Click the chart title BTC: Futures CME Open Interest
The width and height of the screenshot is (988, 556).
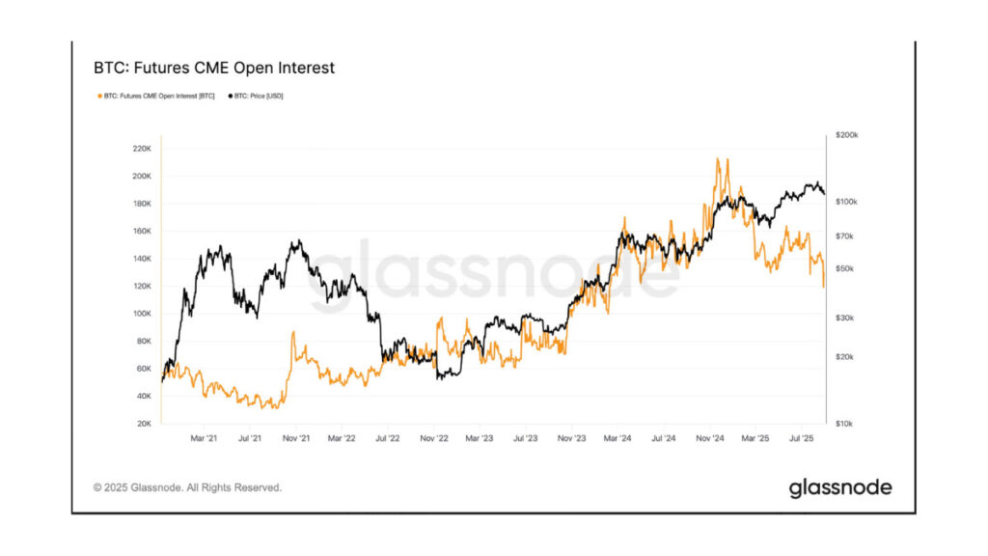pos(214,69)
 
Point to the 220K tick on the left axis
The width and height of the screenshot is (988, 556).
pos(141,149)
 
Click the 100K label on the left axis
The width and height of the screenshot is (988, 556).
pos(141,314)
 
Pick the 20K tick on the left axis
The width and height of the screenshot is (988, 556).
pos(143,424)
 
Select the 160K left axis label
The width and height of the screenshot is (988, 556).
pos(141,232)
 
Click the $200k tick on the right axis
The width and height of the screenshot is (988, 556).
pos(846,136)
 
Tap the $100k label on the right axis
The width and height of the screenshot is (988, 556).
pos(846,202)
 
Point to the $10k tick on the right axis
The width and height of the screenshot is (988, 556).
pos(846,424)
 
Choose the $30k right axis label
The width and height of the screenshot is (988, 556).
pos(846,318)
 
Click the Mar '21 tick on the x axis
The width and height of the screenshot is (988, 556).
pos(204,438)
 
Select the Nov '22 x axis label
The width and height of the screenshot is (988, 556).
pos(434,438)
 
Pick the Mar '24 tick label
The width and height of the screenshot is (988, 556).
pos(618,438)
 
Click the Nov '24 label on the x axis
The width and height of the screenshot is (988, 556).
pos(710,438)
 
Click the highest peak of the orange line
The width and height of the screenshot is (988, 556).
pos(717,159)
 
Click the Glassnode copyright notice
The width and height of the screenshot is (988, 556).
pos(187,487)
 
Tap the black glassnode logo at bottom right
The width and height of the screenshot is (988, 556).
pos(839,487)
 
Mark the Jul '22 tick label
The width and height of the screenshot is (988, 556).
pos(388,438)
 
